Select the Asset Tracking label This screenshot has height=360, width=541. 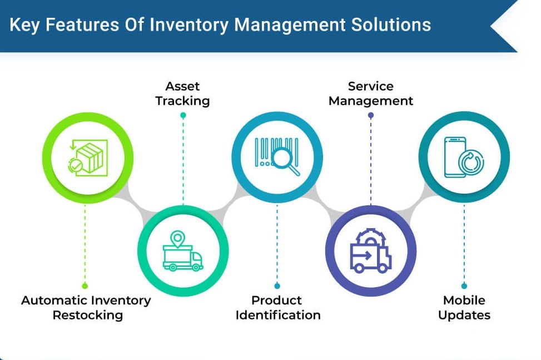coord(182,93)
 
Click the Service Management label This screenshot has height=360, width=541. coord(371,93)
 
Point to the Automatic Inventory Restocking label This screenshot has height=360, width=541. coord(86,307)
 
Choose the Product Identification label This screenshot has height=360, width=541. coord(278,307)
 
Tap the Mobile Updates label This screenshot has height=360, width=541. coord(464,307)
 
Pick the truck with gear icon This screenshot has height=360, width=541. coord(370,251)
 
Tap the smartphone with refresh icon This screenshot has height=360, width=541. coord(464,157)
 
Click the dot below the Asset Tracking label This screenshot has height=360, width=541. coord(183,115)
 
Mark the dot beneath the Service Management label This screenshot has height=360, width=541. coord(371,115)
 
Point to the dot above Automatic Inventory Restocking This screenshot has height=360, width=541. coord(85,286)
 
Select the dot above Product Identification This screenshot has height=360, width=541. coord(277,286)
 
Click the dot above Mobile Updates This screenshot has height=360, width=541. coord(464,286)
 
